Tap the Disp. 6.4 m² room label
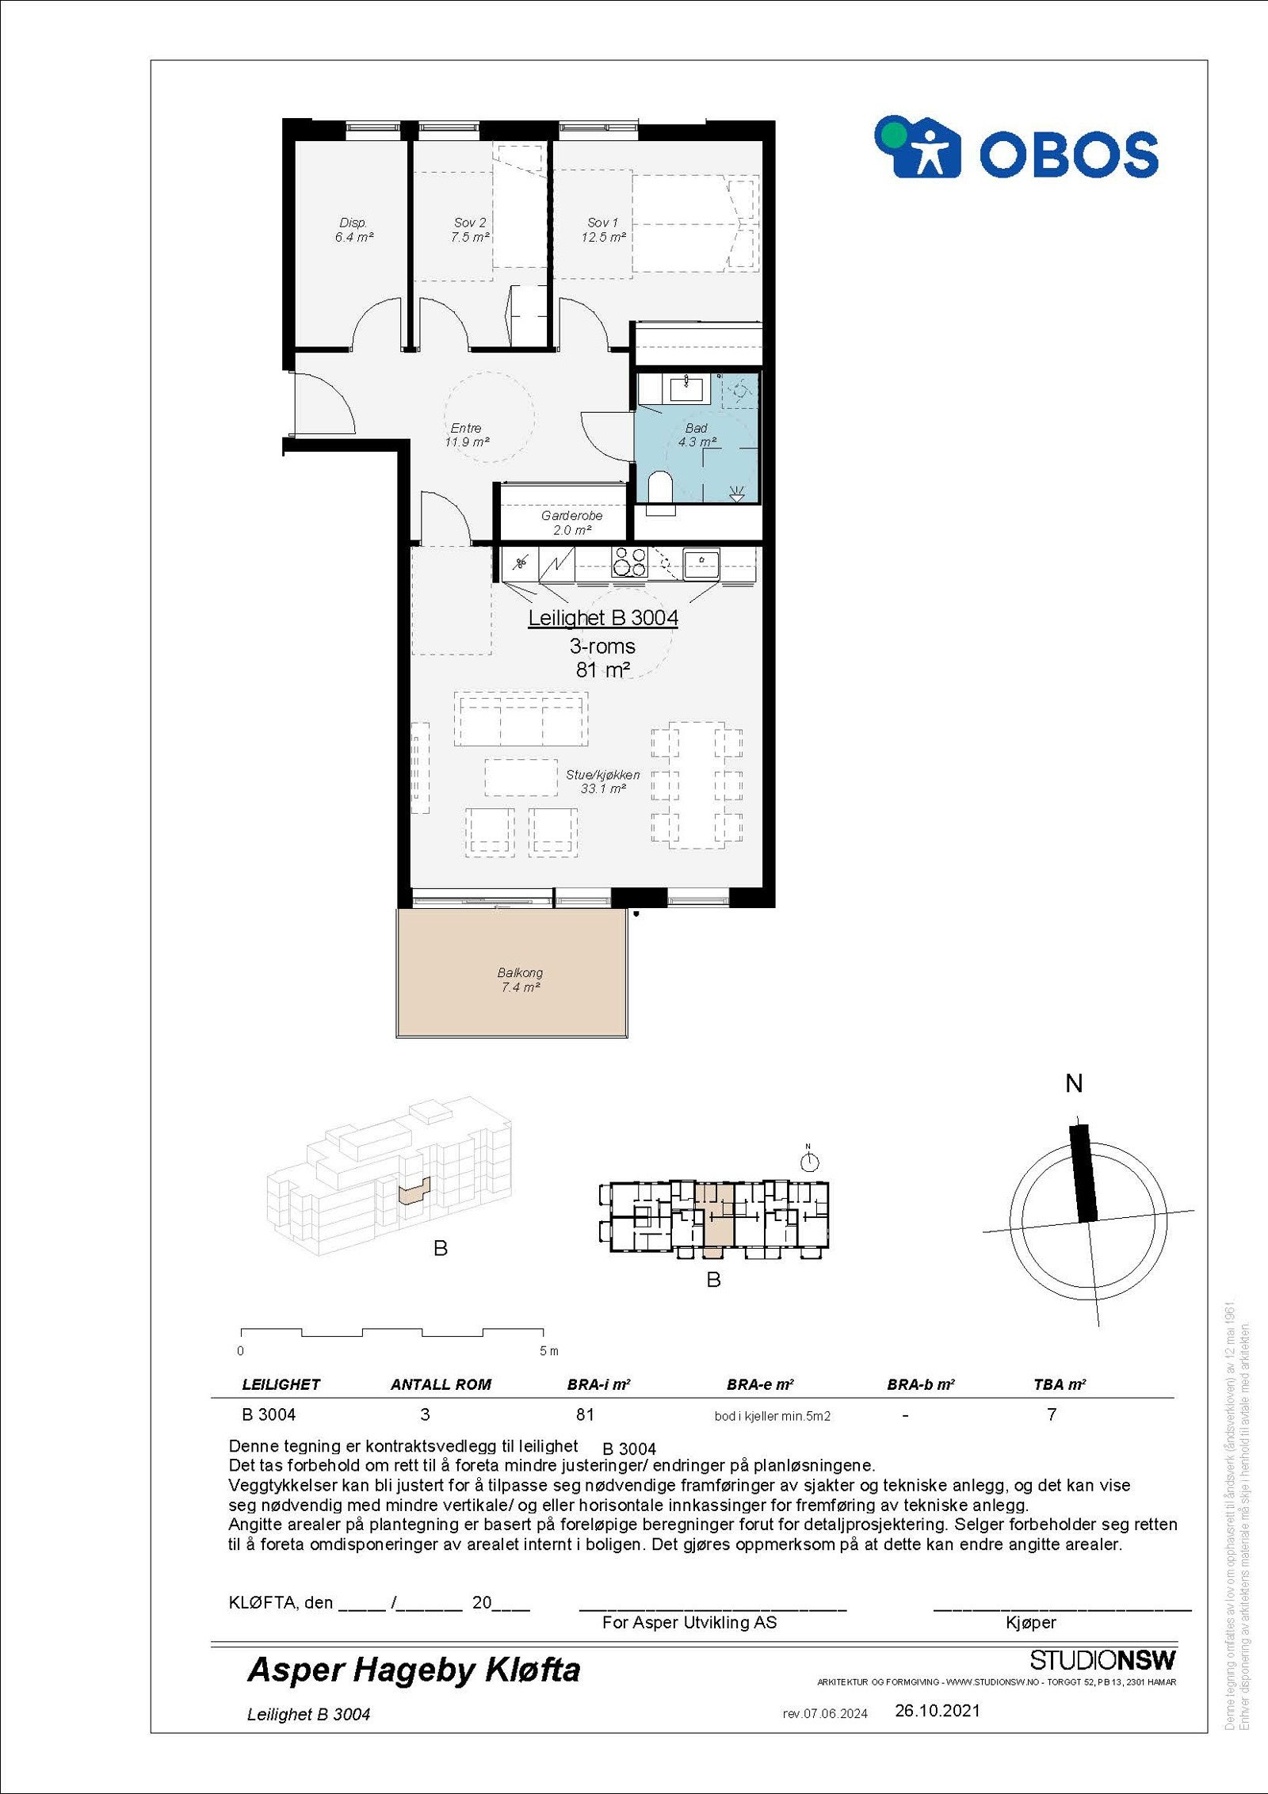point(353,230)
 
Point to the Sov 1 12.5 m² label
point(603,230)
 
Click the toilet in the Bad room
point(659,487)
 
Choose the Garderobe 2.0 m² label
point(571,523)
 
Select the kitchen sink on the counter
point(701,563)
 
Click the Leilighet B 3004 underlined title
point(603,618)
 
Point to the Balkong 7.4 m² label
point(520,979)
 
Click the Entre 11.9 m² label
point(466,435)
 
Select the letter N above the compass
point(1074,1083)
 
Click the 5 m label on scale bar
point(548,1351)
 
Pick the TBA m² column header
point(1059,1384)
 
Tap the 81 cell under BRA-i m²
point(585,1414)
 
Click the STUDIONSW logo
point(1102,1660)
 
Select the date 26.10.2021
point(937,1711)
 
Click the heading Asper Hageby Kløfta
point(414,1670)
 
